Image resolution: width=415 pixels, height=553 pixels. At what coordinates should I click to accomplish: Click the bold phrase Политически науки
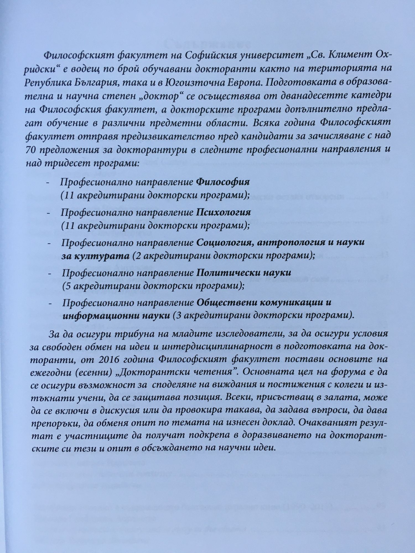(x=243, y=273)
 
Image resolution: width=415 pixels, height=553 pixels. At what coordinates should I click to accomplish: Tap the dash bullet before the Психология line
(x=49, y=213)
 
